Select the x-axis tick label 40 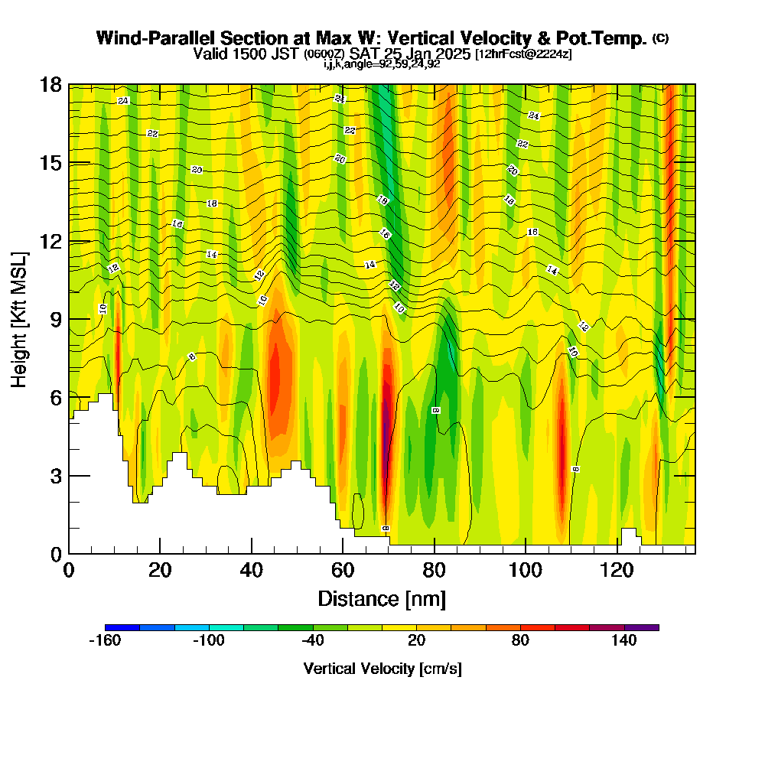coord(251,571)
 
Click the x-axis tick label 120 coord(617,571)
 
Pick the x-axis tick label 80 coord(434,571)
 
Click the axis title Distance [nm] coord(382,597)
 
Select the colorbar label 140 coord(624,641)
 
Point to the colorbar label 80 coord(520,641)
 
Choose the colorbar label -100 coord(208,641)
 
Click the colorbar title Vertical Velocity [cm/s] coord(382,669)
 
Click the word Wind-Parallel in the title coord(145,38)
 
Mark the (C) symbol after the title coord(660,38)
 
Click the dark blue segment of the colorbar coord(122,627)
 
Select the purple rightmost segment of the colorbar coord(642,627)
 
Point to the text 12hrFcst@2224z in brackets coord(523,54)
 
